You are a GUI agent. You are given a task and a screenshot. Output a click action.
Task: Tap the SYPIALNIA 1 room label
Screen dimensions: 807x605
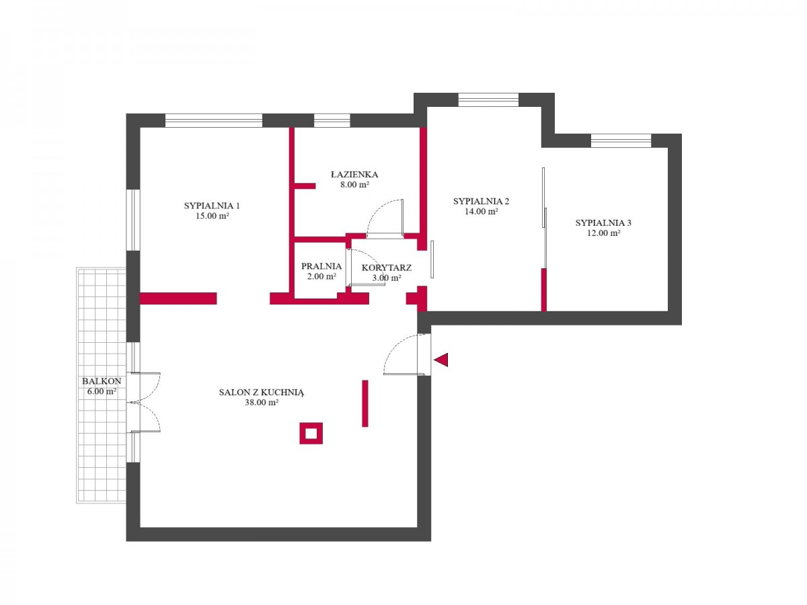(212, 206)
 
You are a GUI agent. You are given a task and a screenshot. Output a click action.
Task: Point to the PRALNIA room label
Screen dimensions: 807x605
(321, 266)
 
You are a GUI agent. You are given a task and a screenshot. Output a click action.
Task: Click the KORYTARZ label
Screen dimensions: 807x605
(387, 268)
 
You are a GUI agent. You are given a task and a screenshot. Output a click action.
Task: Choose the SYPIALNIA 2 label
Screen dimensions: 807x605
(481, 201)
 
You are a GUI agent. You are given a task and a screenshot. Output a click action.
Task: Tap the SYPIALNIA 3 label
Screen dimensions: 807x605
(603, 223)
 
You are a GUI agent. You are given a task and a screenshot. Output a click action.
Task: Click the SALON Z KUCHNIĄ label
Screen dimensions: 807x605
(262, 393)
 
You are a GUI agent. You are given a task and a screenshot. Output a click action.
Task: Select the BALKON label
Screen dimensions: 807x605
(102, 381)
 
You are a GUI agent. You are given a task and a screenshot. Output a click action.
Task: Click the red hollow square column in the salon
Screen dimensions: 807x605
(311, 433)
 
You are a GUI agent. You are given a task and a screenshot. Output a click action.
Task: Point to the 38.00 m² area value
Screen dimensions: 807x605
(262, 402)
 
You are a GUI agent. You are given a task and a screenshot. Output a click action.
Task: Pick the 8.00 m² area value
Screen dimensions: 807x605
(354, 184)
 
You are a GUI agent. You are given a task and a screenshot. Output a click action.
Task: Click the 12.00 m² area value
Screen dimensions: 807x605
(604, 233)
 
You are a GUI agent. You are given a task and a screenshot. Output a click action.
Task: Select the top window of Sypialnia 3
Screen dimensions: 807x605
(621, 140)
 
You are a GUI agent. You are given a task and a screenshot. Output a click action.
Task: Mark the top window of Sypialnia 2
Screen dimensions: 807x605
(488, 99)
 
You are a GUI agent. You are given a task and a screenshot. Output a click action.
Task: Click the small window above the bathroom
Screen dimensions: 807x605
(332, 120)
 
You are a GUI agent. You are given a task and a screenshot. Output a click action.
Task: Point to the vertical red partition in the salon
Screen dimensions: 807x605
(364, 403)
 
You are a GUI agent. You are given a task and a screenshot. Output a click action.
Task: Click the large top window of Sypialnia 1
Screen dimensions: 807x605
(214, 120)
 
